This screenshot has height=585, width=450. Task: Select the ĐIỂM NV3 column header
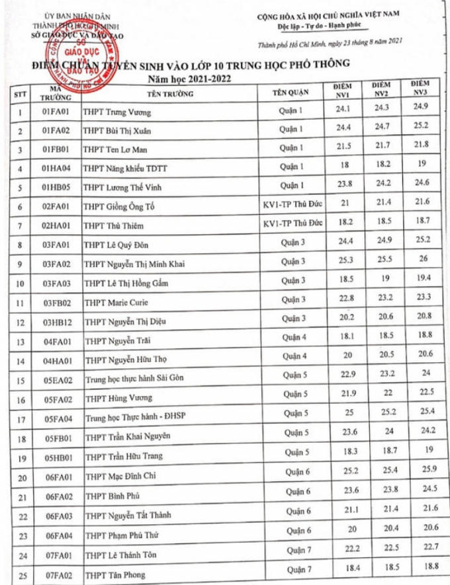[420, 89]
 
